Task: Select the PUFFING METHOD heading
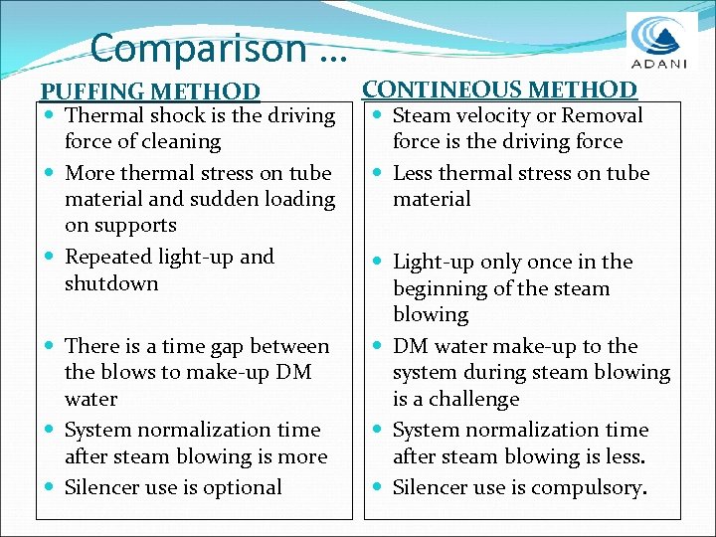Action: [x=150, y=91]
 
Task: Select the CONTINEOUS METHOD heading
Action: [x=499, y=89]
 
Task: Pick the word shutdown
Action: [x=111, y=283]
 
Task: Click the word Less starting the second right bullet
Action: [x=413, y=173]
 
